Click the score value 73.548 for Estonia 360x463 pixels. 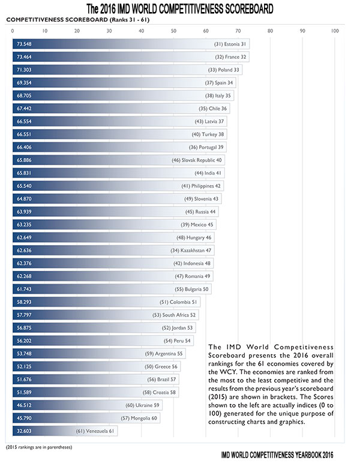[24, 44]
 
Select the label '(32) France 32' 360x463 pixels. [230, 57]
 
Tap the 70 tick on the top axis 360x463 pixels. [238, 31]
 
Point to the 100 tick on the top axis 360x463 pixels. [335, 31]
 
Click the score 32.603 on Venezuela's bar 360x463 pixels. [24, 431]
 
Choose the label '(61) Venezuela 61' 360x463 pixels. [95, 431]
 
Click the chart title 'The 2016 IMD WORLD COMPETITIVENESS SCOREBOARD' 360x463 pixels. [180, 9]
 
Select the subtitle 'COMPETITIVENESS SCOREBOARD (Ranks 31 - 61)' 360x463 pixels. [77, 20]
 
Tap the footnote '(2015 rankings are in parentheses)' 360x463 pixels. [38, 447]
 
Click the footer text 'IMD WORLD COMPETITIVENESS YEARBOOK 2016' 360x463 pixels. [277, 455]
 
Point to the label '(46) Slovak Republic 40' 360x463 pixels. [197, 160]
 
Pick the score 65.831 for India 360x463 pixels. [24, 173]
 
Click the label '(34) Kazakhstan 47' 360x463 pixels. [191, 250]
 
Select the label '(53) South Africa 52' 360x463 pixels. [174, 315]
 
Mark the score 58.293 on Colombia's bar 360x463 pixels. [24, 302]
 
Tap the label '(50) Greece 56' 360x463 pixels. [161, 366]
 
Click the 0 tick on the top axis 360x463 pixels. [13, 31]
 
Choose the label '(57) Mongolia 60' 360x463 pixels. [139, 418]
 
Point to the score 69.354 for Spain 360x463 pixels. [24, 83]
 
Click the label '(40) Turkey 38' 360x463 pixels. [208, 135]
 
